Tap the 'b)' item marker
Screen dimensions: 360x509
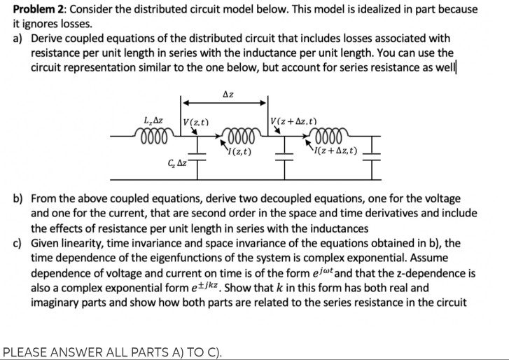(20, 199)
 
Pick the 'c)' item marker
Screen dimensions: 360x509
(20, 243)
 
